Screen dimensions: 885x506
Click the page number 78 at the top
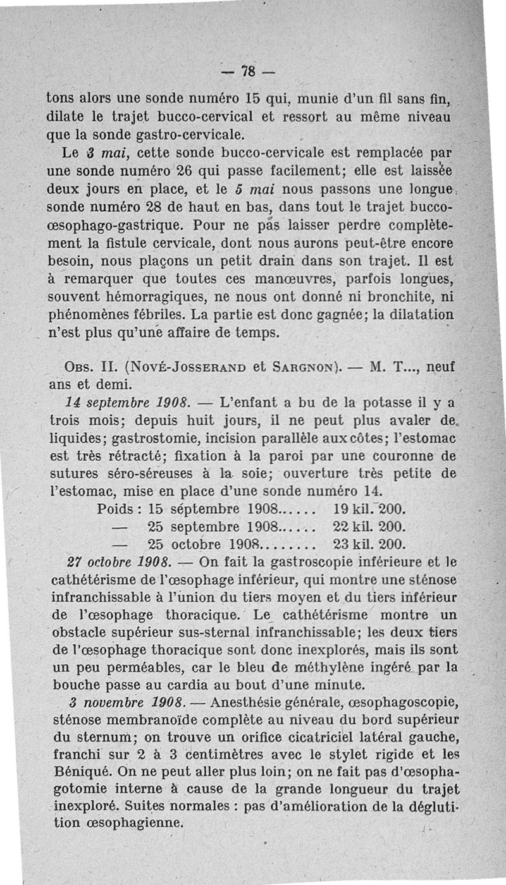pyautogui.click(x=250, y=70)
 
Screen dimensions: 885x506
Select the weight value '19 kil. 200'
pyautogui.click(x=368, y=509)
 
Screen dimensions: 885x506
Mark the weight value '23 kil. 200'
pyautogui.click(x=368, y=544)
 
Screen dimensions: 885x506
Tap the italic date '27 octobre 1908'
pyautogui.click(x=117, y=561)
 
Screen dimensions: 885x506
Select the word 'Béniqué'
pyautogui.click(x=77, y=771)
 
